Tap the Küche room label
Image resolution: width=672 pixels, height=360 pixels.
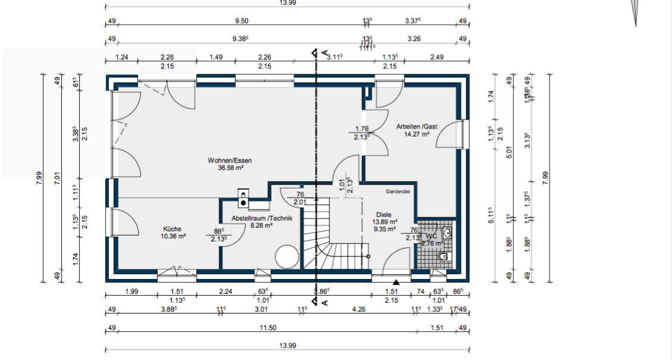pos(172,228)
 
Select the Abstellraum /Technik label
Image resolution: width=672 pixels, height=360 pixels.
pos(262,218)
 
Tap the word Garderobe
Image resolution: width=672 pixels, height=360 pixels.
pos(397,192)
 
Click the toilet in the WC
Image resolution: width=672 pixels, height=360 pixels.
pos(444,256)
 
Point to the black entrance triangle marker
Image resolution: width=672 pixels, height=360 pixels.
pos(397,281)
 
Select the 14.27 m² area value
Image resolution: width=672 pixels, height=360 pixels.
pos(417,134)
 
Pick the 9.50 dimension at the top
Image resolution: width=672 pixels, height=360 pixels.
pos(241,21)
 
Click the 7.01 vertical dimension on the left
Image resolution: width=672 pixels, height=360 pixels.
pos(58,177)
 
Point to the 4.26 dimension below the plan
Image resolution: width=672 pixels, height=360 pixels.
pos(358,309)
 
